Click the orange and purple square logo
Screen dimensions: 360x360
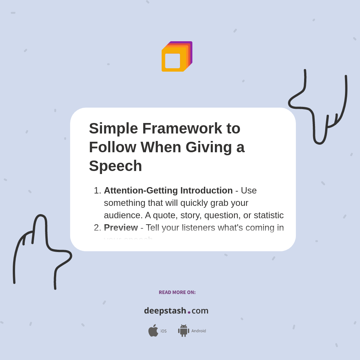[x=177, y=57]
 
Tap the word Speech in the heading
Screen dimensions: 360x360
[x=115, y=166]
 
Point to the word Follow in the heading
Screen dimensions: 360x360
[x=112, y=147]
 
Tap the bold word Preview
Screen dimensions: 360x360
[x=121, y=228]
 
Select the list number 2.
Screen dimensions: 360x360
[x=97, y=228]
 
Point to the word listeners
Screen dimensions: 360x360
[x=197, y=228]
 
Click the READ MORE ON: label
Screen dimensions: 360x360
[x=177, y=292]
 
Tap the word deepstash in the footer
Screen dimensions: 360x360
[x=165, y=311]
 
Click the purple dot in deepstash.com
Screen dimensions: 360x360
[x=189, y=312]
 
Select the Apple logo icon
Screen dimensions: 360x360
[x=153, y=330]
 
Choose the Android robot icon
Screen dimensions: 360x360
[x=183, y=331]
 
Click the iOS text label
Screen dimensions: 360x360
[x=163, y=331]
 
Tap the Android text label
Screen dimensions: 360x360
[x=198, y=331]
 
